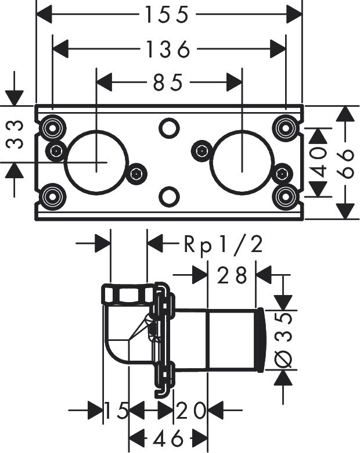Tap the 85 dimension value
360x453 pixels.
click(169, 82)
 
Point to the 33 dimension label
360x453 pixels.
click(17, 134)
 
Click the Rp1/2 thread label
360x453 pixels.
click(224, 245)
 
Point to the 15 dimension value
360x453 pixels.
click(116, 411)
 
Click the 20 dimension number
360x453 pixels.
click(191, 411)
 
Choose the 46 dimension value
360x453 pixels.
click(168, 437)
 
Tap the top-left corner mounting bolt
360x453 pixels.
click(52, 127)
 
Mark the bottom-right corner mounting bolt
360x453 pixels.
click(285, 196)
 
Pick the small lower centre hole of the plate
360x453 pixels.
click(168, 196)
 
